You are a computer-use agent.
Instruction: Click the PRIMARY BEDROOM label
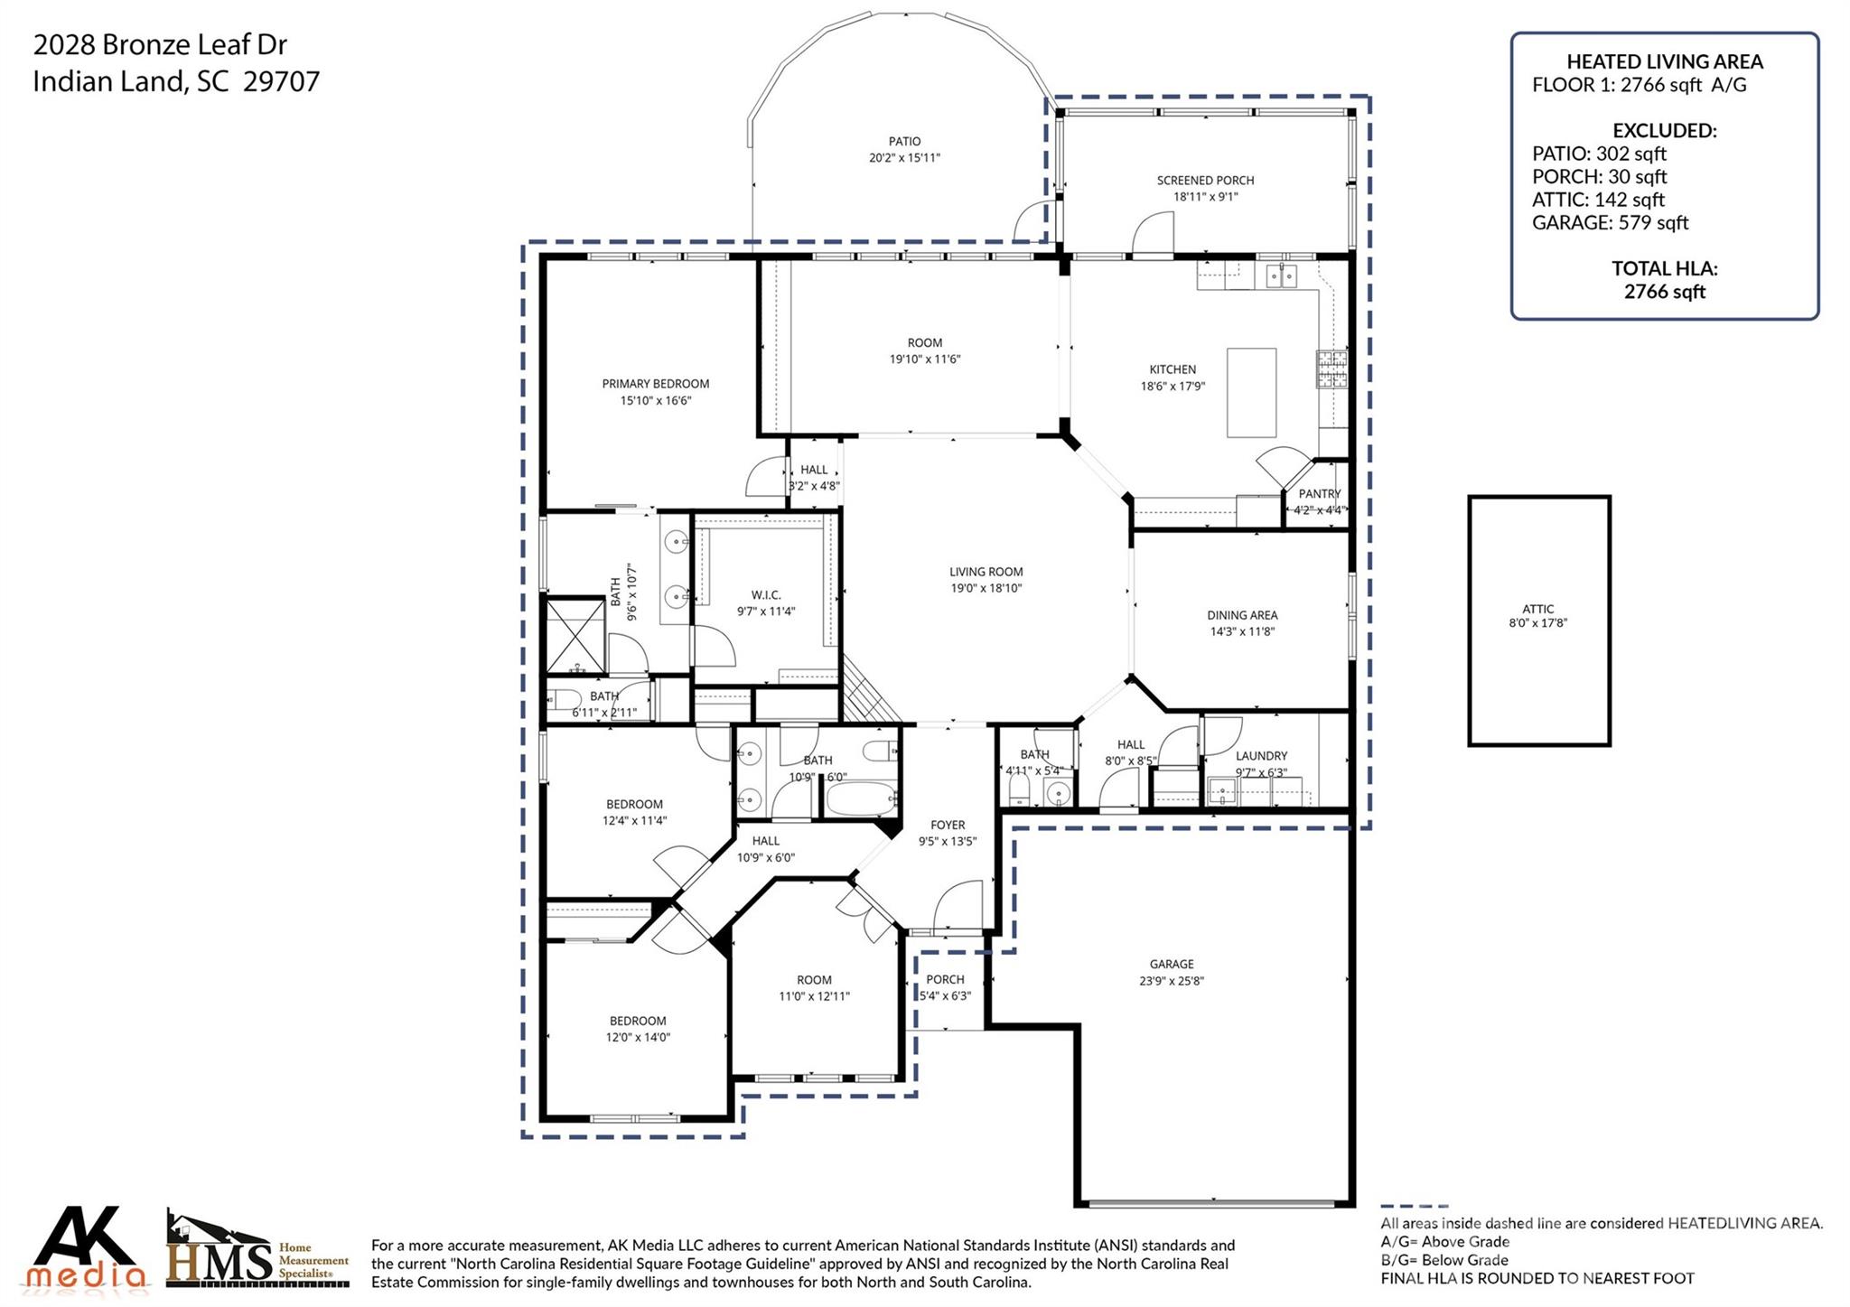(655, 384)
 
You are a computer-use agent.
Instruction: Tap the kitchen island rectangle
(1251, 393)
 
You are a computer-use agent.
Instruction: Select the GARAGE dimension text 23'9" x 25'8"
(1172, 981)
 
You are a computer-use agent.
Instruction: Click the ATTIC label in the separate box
(1537, 609)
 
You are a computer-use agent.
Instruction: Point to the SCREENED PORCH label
(1205, 181)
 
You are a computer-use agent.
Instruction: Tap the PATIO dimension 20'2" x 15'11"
(904, 158)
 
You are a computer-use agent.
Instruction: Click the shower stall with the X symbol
(575, 635)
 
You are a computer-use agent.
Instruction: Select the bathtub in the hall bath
(862, 799)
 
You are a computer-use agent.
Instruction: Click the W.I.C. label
(765, 595)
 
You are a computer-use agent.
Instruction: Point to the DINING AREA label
(1242, 615)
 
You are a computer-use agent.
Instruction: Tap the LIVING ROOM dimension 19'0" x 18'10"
(986, 588)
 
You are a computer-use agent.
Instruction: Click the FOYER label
(948, 825)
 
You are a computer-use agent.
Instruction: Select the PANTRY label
(1319, 494)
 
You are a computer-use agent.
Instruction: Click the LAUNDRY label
(1261, 756)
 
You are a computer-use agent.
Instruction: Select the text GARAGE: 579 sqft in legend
(1610, 223)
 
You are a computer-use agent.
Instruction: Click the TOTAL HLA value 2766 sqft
(1664, 292)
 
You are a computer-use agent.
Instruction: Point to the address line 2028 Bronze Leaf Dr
(160, 44)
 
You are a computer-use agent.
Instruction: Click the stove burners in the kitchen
(1331, 369)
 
